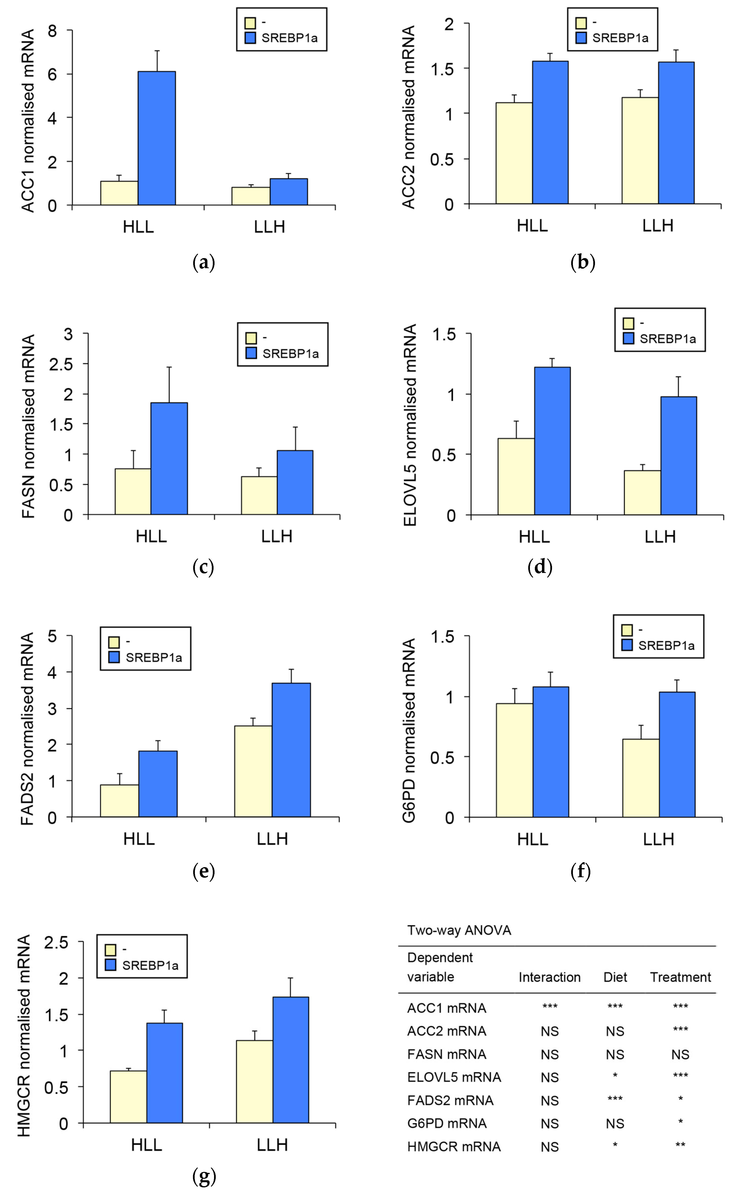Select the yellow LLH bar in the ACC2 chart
click(640, 150)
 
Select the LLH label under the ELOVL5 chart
click(660, 537)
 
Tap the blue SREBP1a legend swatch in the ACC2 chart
click(581, 38)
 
